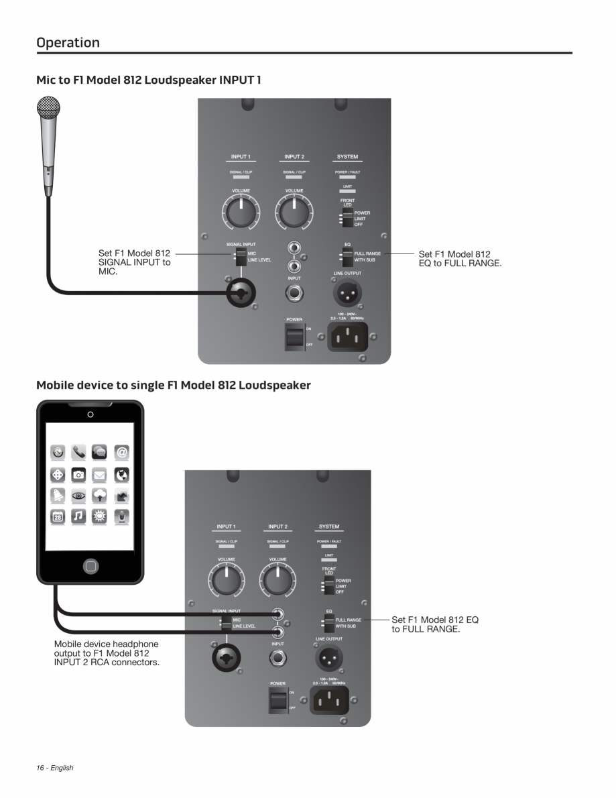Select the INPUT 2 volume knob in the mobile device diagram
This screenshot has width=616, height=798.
[278, 581]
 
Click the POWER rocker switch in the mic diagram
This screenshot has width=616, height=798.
[294, 337]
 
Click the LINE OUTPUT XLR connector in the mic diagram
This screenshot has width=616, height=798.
[347, 292]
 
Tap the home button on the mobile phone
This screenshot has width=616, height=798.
[90, 566]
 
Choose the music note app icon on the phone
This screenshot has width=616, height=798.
[78, 516]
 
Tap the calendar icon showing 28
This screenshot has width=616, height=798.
[57, 516]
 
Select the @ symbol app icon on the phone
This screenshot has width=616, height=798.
[121, 453]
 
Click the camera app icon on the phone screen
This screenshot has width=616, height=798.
[78, 474]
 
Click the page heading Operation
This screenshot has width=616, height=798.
[68, 42]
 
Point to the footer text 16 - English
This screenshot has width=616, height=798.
[55, 768]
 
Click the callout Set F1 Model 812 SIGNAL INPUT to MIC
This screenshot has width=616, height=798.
[134, 263]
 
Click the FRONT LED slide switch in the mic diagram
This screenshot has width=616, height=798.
[347, 219]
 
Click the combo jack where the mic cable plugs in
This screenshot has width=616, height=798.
[241, 293]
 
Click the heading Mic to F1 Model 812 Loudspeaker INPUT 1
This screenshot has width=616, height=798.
[149, 80]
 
